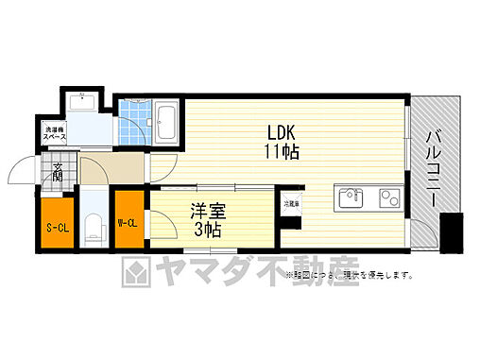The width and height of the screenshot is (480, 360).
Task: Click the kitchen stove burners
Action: pyautogui.click(x=388, y=198)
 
